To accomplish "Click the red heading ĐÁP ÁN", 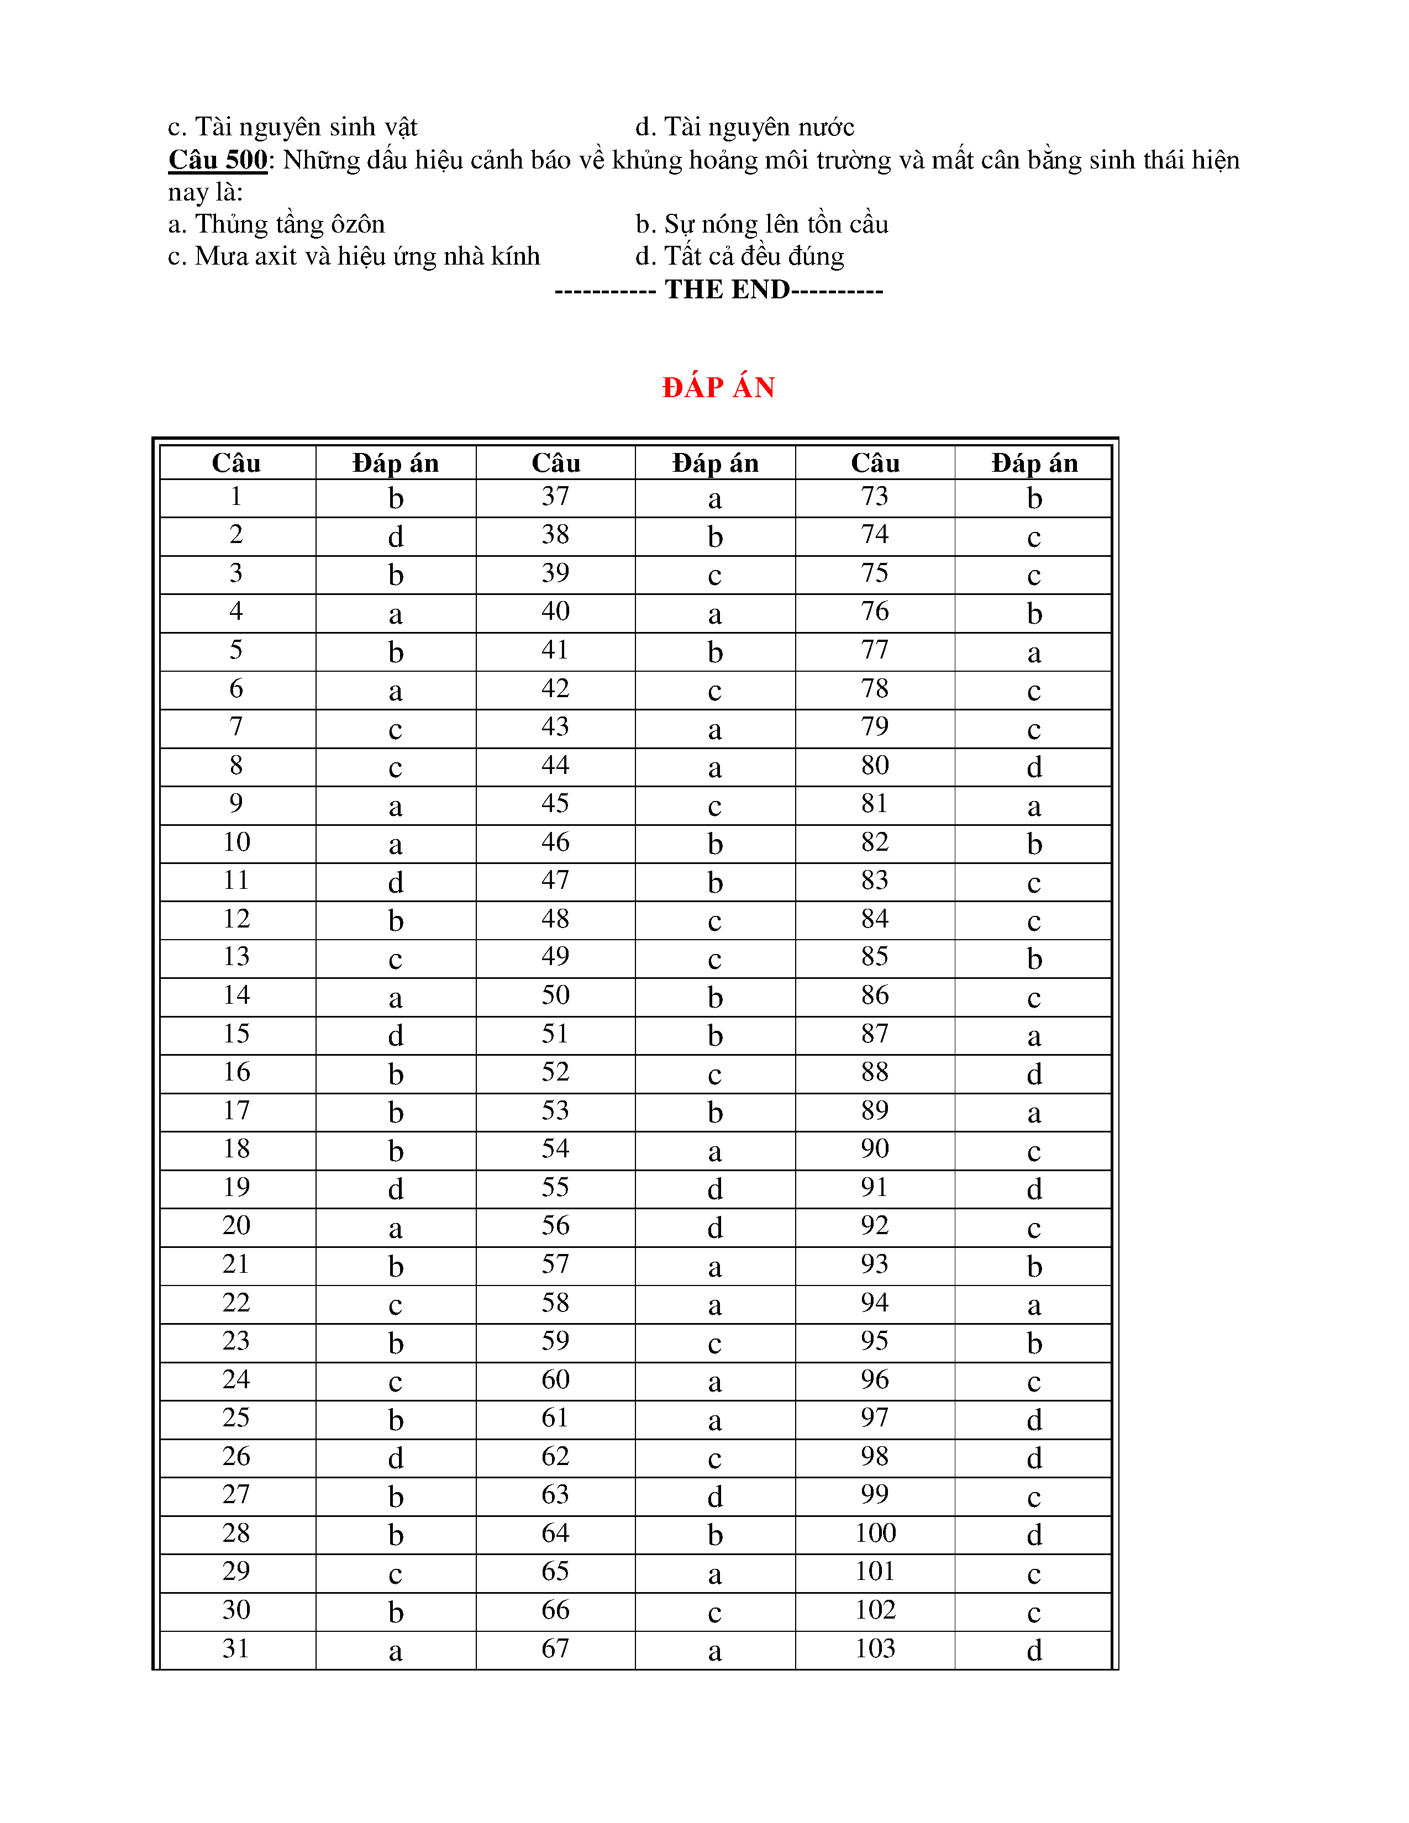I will point(718,387).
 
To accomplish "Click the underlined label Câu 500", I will point(218,160).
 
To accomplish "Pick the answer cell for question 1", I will point(396,498).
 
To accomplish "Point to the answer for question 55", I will point(714,1189).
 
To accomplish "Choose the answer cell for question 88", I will point(1034,1073).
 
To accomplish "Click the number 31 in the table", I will point(236,1648).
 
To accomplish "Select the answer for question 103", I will point(1034,1650).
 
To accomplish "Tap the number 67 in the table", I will point(555,1648).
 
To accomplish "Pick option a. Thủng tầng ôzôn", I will point(276,224).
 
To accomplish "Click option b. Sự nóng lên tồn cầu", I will point(761,224).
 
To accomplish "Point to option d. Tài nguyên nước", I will point(745,127).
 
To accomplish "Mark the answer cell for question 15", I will point(396,1035).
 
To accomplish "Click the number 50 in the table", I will point(555,995).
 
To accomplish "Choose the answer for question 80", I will point(1034,766).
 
